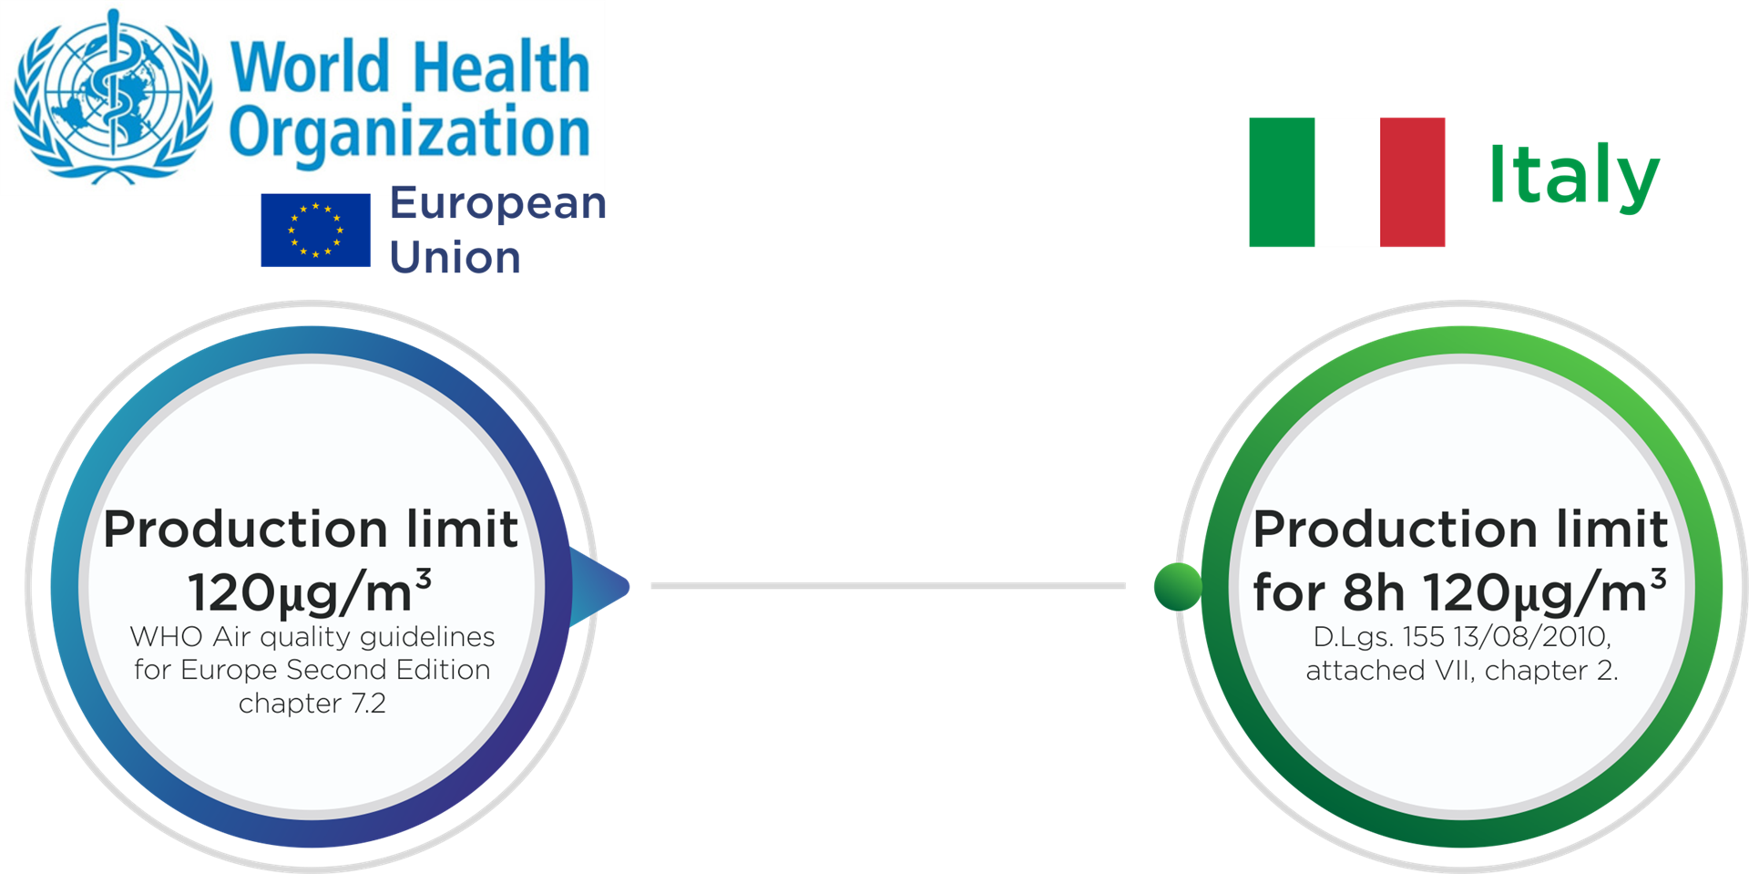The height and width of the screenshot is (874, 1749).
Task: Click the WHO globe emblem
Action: tap(111, 96)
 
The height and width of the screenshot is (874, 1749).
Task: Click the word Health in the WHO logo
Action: tap(500, 66)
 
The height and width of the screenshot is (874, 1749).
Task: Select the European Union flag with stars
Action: tap(315, 230)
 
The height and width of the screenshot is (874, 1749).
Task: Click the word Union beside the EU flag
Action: tap(455, 258)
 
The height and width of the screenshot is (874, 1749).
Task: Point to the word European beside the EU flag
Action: tap(497, 204)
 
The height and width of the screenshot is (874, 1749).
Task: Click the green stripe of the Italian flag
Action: tap(1281, 182)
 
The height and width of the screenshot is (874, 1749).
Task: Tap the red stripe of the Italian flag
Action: tap(1412, 182)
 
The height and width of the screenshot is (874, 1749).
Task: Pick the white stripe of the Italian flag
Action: tap(1346, 182)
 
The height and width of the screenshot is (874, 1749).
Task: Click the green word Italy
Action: tap(1573, 176)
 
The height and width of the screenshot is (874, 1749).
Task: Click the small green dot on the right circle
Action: tap(1178, 586)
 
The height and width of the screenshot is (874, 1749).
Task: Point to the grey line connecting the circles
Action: tap(888, 586)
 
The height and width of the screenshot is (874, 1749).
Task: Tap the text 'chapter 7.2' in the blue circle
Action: tap(312, 704)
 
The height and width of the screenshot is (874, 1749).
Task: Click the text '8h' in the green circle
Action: tap(1374, 593)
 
